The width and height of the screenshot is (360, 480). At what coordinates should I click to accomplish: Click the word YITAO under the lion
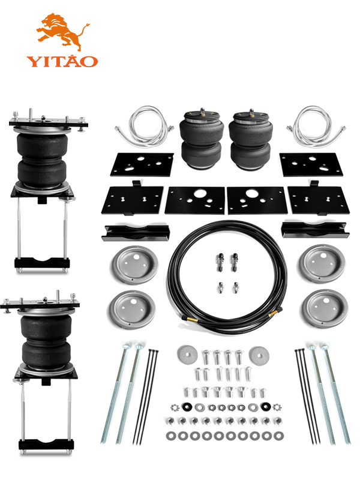click(62, 61)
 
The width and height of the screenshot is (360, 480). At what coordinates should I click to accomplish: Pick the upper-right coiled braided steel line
click(316, 126)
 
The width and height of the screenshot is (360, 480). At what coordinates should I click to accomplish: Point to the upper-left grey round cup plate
click(134, 265)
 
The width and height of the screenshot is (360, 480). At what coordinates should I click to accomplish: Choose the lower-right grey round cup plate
click(324, 309)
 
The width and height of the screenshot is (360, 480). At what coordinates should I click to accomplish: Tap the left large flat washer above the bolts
click(187, 355)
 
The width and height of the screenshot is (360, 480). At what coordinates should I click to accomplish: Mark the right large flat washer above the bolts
click(259, 355)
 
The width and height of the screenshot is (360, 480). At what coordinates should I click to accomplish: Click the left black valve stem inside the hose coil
click(220, 262)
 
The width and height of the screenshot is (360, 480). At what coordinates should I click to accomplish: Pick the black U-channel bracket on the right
click(315, 230)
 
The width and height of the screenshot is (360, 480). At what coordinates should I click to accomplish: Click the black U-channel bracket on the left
click(136, 233)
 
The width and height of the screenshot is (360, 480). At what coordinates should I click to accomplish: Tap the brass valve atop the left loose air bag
click(202, 112)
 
